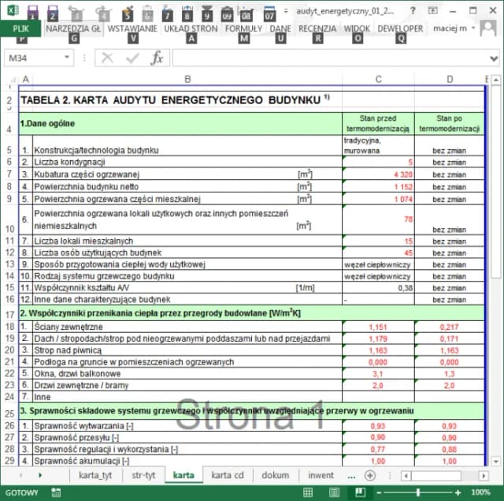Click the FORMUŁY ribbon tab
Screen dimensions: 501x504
pos(243,28)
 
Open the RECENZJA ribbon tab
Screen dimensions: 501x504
pos(317,28)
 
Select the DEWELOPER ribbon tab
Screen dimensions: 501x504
pos(401,28)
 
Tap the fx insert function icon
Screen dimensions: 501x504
pos(157,58)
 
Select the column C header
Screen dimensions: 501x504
pos(379,79)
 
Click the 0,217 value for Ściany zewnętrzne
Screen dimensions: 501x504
pos(450,326)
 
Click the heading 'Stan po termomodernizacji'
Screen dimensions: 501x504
pos(449,123)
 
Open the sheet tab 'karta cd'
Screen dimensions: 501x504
pos(228,475)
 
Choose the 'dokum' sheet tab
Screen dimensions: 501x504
pos(276,475)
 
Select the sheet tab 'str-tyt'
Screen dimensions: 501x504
pos(143,475)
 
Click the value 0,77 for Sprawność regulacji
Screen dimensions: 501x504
pos(379,449)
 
